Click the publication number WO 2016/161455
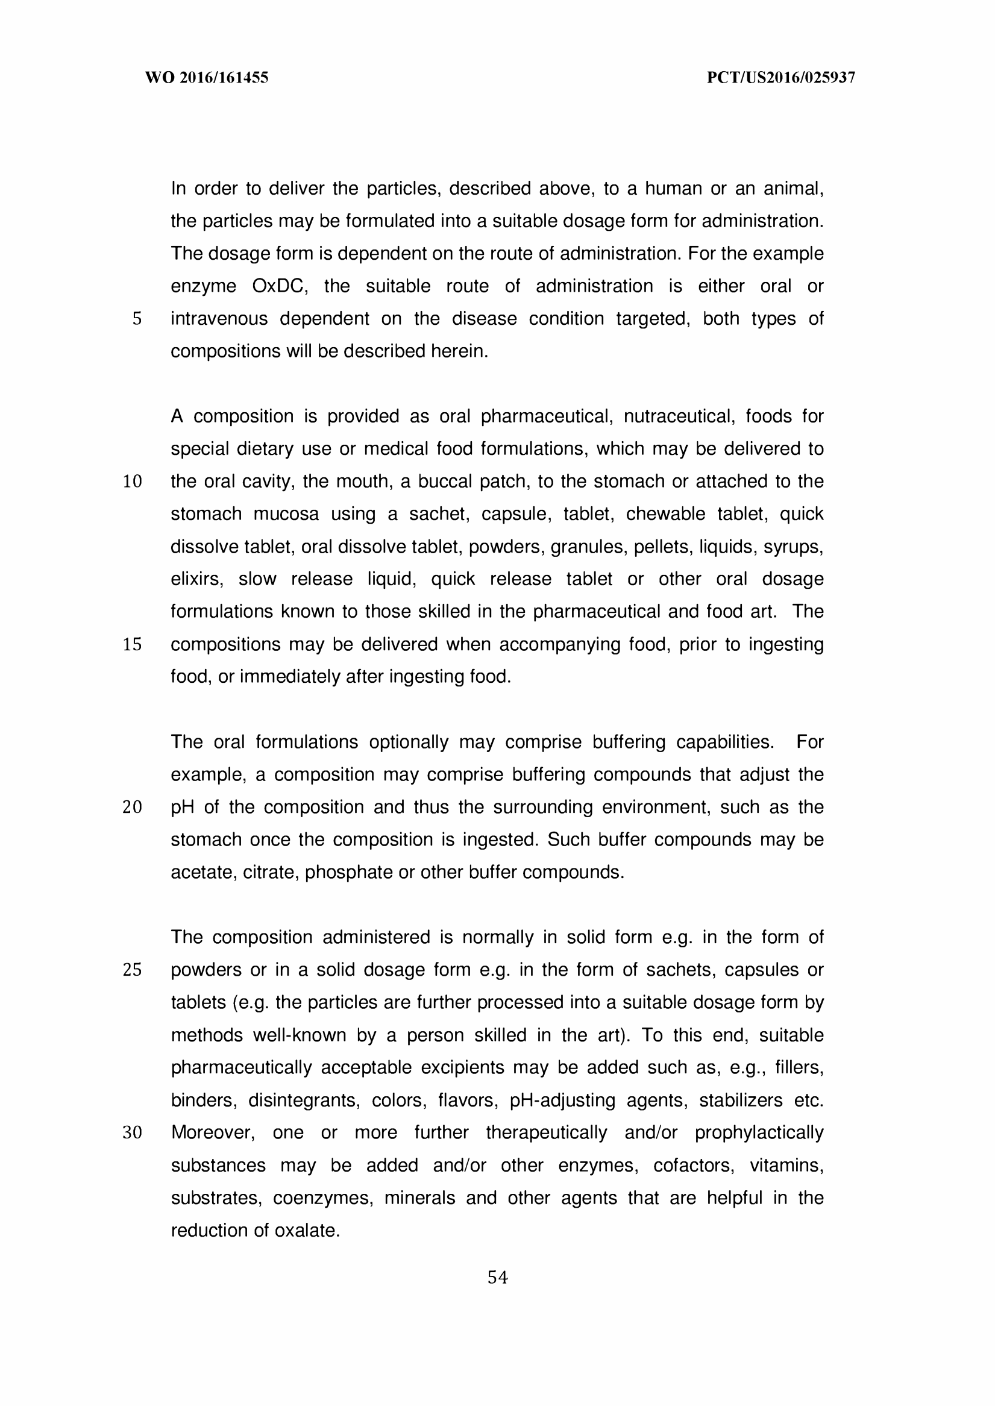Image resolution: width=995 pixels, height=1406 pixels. pyautogui.click(x=207, y=78)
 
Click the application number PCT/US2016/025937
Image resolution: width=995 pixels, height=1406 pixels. pyautogui.click(x=780, y=78)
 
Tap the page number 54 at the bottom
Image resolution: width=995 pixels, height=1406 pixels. pyautogui.click(x=498, y=1278)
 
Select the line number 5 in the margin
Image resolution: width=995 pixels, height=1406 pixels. pyautogui.click(x=137, y=319)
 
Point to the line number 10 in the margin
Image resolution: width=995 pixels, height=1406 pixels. pyautogui.click(x=133, y=482)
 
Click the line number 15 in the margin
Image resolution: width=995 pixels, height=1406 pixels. pyautogui.click(x=133, y=644)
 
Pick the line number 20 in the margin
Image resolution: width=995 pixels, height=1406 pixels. pyautogui.click(x=133, y=808)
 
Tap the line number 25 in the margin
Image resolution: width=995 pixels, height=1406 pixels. pyautogui.click(x=133, y=970)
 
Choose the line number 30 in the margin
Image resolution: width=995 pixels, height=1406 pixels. pyautogui.click(x=133, y=1133)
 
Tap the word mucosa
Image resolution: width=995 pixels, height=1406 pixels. pyautogui.click(x=286, y=514)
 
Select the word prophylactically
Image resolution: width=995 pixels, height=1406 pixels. pyautogui.click(x=759, y=1133)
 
